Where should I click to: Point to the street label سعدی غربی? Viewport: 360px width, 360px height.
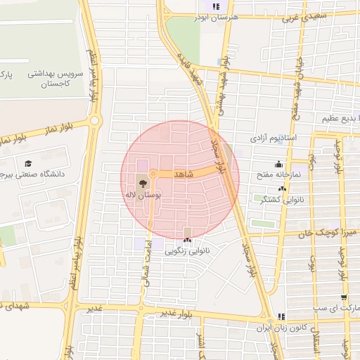click(x=301, y=16)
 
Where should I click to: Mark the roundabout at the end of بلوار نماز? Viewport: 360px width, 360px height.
click(x=94, y=121)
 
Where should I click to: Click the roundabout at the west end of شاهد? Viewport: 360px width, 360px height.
click(x=153, y=173)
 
